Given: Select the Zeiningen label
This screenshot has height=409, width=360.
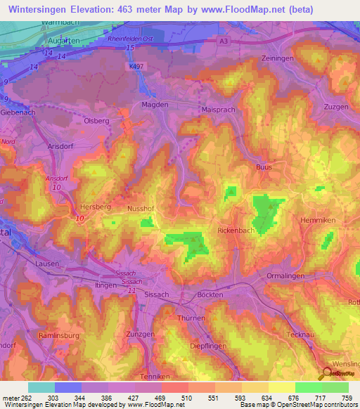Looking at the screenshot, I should coord(276,58).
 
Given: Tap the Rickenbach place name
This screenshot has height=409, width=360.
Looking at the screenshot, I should coord(236,230).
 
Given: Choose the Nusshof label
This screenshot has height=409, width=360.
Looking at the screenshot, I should coord(139,209).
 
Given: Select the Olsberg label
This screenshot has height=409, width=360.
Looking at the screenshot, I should coord(98,120).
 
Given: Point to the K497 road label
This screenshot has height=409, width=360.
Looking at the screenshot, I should coord(137,66).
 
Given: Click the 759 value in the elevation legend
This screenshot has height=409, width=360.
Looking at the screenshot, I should coord(346,398).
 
